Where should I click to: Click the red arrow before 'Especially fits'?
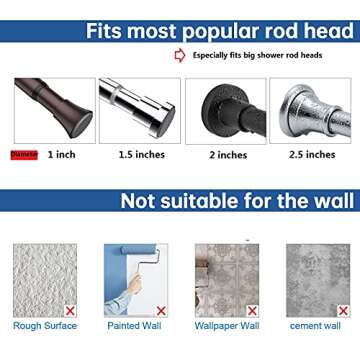pos(180,54)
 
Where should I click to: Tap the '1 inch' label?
pos(61,155)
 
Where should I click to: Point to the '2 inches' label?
pos(228,155)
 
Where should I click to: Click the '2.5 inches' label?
pos(312,155)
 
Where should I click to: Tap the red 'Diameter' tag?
pos(23,155)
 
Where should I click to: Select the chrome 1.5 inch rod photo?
pos(140,105)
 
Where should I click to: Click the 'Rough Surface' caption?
pos(45,326)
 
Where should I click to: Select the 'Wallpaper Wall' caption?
pos(226,326)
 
